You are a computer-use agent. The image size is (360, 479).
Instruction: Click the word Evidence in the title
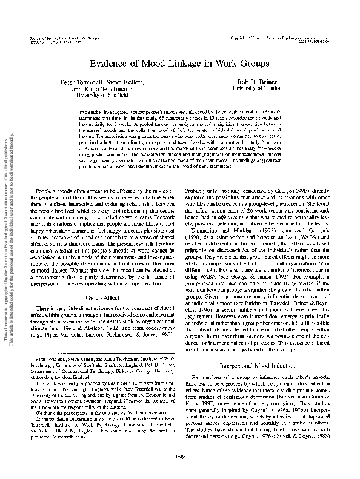click(109, 62)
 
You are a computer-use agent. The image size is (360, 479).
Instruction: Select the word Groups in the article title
click(255, 62)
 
